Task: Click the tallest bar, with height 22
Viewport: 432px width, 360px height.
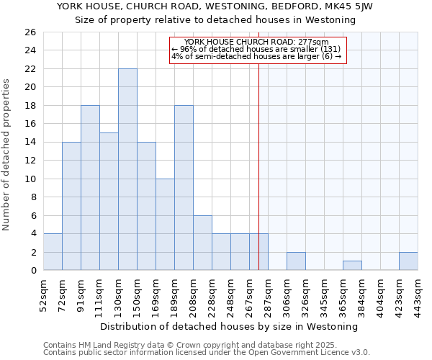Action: (x=127, y=169)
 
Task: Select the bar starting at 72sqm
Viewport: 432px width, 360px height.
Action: (x=71, y=206)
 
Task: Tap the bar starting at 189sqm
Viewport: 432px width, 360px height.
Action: (x=184, y=188)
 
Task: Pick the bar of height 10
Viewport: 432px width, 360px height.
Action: (x=165, y=225)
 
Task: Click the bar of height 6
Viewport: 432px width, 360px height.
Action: (x=202, y=243)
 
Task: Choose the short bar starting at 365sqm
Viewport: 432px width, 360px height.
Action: (x=352, y=266)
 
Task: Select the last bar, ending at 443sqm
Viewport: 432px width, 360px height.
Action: (x=408, y=261)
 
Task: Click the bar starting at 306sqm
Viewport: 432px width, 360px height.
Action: (x=296, y=261)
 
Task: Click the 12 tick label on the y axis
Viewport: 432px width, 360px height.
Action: (x=31, y=161)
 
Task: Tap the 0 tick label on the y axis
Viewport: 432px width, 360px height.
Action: (x=34, y=271)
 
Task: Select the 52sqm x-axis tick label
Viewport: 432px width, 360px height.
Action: (x=43, y=294)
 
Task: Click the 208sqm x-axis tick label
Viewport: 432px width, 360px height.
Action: (x=193, y=294)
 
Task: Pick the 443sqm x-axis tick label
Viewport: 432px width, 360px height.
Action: (x=418, y=294)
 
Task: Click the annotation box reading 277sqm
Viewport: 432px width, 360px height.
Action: (x=258, y=50)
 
